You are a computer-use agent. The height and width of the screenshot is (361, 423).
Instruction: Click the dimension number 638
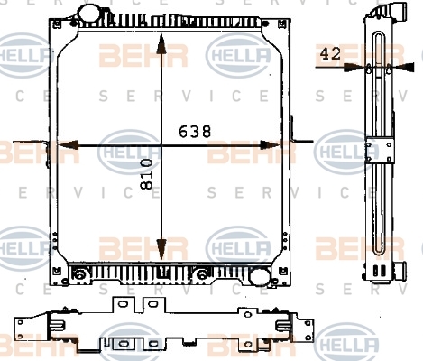tap(195, 132)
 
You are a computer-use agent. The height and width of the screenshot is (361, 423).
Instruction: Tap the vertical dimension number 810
tap(146, 174)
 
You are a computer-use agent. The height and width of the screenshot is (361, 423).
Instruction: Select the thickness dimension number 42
tap(330, 54)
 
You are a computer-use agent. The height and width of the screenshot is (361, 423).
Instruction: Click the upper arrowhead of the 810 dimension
tap(161, 43)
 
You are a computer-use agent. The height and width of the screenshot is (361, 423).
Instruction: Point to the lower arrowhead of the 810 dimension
tap(161, 249)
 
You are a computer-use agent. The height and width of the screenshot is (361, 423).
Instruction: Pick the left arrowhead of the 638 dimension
tap(69, 145)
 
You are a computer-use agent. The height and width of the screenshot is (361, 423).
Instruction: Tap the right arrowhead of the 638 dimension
tap(270, 145)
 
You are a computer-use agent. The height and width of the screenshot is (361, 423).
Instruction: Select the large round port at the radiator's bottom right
tap(260, 277)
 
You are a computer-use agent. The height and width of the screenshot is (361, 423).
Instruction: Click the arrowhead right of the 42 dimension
tap(405, 67)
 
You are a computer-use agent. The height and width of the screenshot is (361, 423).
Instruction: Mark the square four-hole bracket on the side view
tap(380, 150)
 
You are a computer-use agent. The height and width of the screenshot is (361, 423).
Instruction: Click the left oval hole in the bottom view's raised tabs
tap(123, 304)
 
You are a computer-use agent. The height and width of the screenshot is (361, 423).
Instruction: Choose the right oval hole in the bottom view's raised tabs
tap(153, 303)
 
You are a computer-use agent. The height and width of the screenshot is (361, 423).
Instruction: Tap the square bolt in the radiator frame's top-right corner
tap(282, 23)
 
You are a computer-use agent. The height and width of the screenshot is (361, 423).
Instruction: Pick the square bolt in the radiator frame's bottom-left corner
tap(57, 272)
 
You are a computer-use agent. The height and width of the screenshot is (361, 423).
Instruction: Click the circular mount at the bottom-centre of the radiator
tap(202, 274)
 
